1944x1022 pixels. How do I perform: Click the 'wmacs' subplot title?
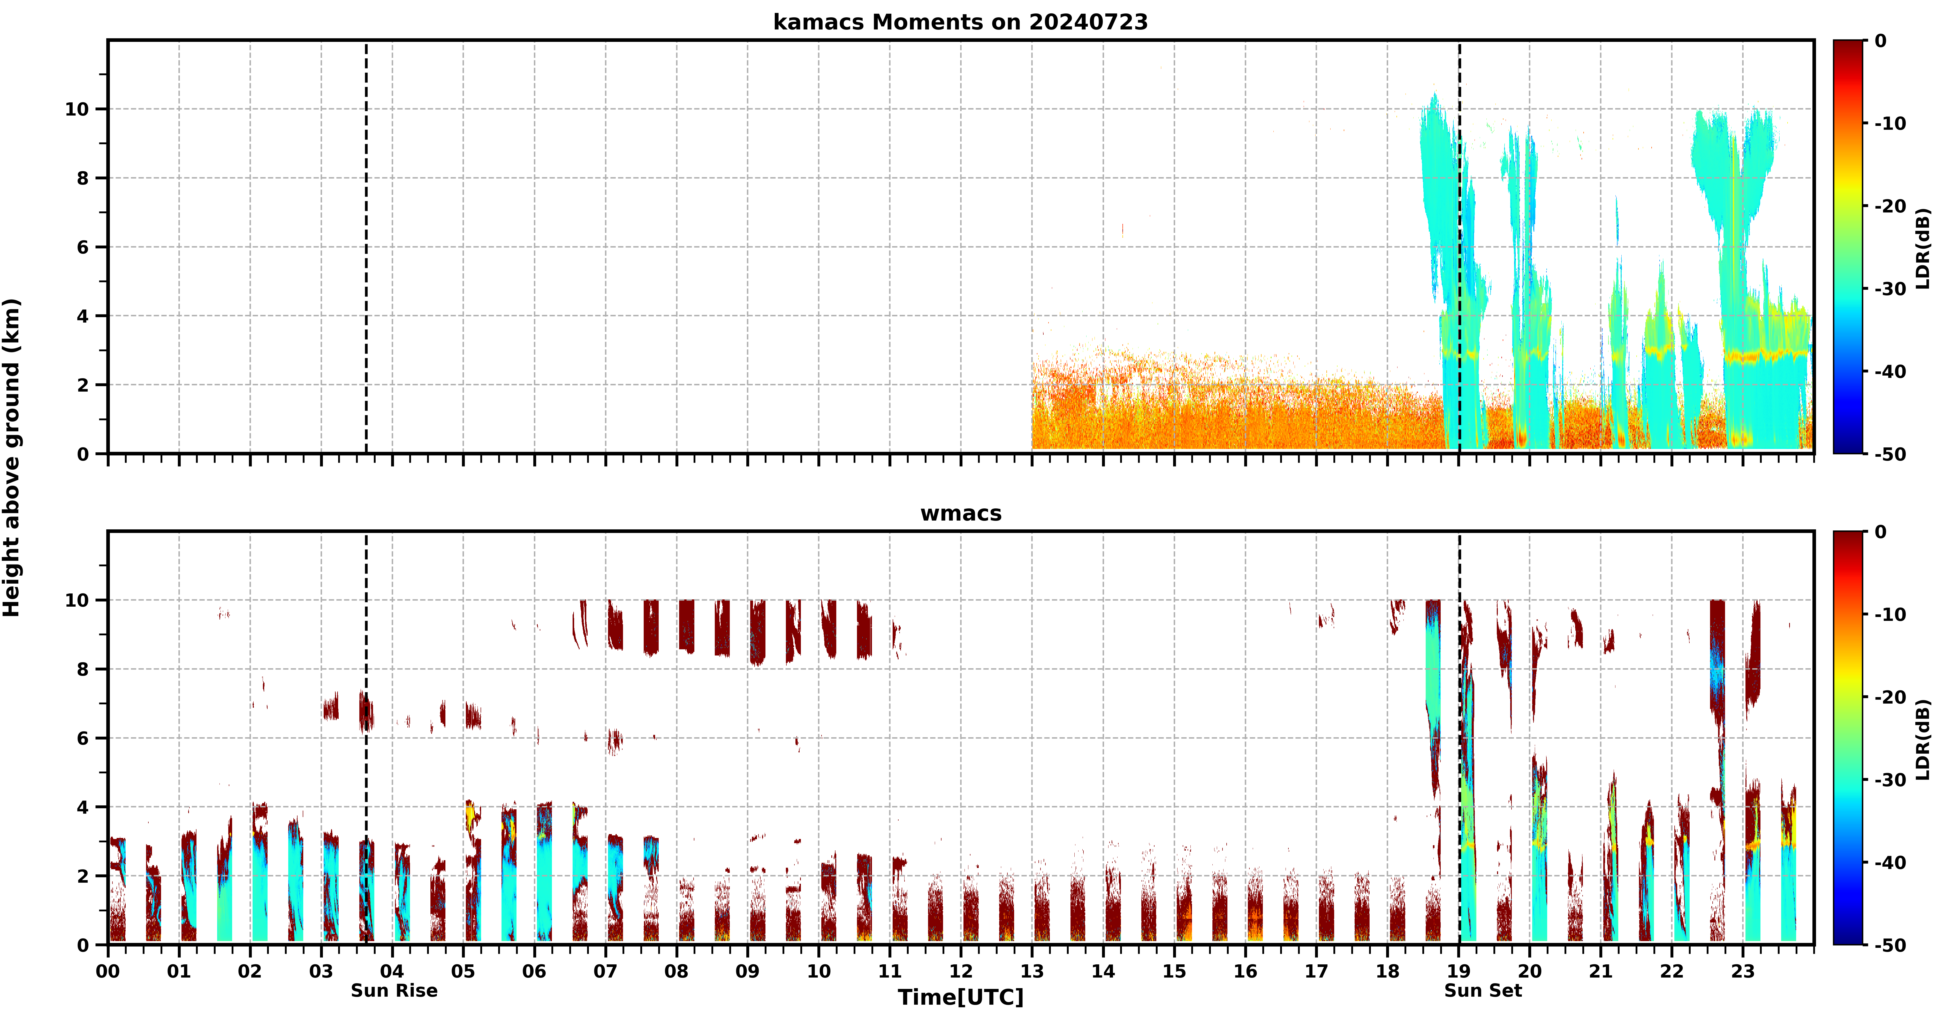pyautogui.click(x=961, y=513)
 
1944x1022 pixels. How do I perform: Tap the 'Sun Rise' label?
pyautogui.click(x=394, y=990)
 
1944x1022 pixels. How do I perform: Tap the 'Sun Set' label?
pyautogui.click(x=1483, y=990)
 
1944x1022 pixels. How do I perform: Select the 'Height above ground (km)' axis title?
pyautogui.click(x=11, y=457)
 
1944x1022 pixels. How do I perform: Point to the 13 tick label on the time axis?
pyautogui.click(x=1032, y=971)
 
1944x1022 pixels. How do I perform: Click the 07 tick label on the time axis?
pyautogui.click(x=605, y=971)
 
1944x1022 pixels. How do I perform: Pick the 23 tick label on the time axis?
pyautogui.click(x=1743, y=971)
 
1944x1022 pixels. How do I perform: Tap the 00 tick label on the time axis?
pyautogui.click(x=108, y=971)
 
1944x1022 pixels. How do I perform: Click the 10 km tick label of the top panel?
pyautogui.click(x=77, y=109)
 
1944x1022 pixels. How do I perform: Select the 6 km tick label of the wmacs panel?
pyautogui.click(x=83, y=738)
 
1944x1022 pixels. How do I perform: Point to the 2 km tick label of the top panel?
pyautogui.click(x=83, y=385)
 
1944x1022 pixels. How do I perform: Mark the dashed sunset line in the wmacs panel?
pyautogui.click(x=1460, y=738)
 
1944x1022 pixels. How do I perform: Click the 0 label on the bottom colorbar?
pyautogui.click(x=1881, y=532)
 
